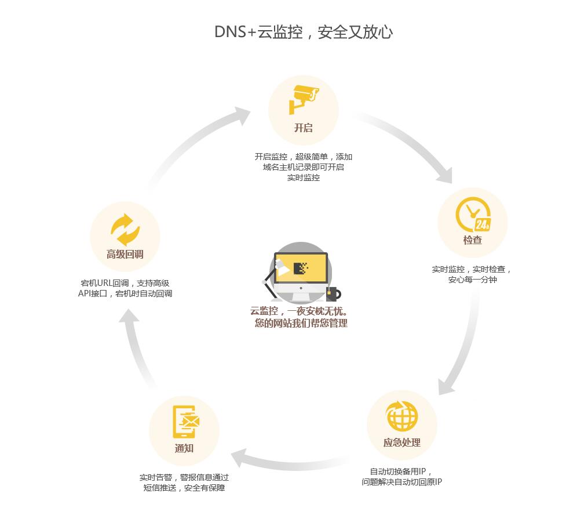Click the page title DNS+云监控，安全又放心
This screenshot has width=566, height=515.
pos(304,32)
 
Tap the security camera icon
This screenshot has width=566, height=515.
pos(304,98)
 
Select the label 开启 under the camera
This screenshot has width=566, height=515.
pos(304,128)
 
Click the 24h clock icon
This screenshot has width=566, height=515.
pos(473,215)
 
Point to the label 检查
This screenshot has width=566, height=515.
pos(473,240)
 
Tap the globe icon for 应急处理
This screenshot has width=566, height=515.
pos(402,416)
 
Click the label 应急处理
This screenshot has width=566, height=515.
pos(402,443)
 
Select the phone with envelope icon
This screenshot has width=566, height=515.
pos(185,421)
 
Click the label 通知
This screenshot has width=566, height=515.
pos(184,448)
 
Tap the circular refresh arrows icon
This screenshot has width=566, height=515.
pos(125,230)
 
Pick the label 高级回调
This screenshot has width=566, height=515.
pos(125,254)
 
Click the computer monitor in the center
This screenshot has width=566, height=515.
pos(301,269)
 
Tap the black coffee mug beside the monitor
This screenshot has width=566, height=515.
pos(333,292)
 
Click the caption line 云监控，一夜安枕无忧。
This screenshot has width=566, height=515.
pos(298,311)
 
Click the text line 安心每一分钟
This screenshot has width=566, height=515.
pos(472,280)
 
